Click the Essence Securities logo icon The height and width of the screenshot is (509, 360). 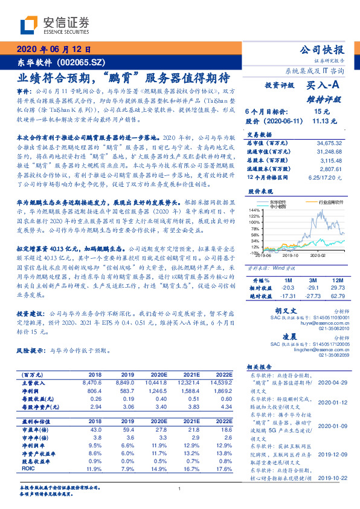coord(30,25)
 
